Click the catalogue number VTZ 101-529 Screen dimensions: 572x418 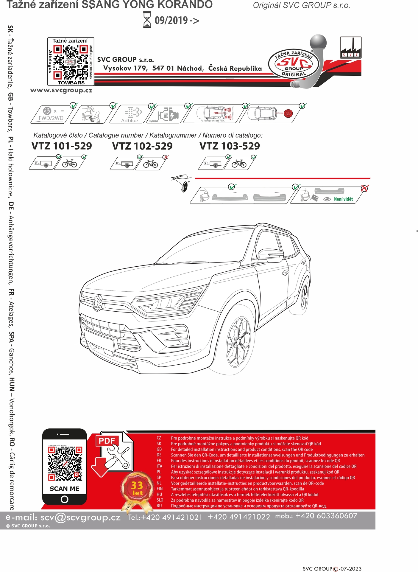62,146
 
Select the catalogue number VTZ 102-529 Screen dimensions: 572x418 142,146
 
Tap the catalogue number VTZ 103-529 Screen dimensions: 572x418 230,146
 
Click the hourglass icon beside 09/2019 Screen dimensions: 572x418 147,20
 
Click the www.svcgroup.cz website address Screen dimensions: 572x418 61,90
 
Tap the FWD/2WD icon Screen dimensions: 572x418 51,114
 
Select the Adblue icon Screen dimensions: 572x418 130,114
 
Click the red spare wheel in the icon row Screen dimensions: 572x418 288,113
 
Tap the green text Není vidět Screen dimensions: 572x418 343,199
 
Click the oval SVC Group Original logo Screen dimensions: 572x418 294,64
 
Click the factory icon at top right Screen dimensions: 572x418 350,48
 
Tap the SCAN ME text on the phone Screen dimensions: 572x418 65,489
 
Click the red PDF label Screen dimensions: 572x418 107,441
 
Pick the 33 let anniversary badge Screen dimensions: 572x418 137,488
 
